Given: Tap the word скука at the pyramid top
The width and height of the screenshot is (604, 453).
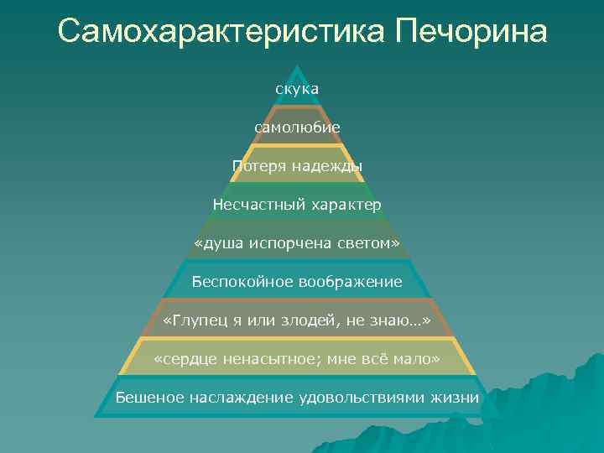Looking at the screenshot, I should point(297,87).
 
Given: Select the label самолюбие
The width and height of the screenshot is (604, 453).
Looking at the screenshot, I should point(298,127).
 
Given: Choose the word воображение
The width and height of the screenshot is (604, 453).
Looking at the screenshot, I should point(350,282).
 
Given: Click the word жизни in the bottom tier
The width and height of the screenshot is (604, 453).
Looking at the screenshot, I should point(457,398).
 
